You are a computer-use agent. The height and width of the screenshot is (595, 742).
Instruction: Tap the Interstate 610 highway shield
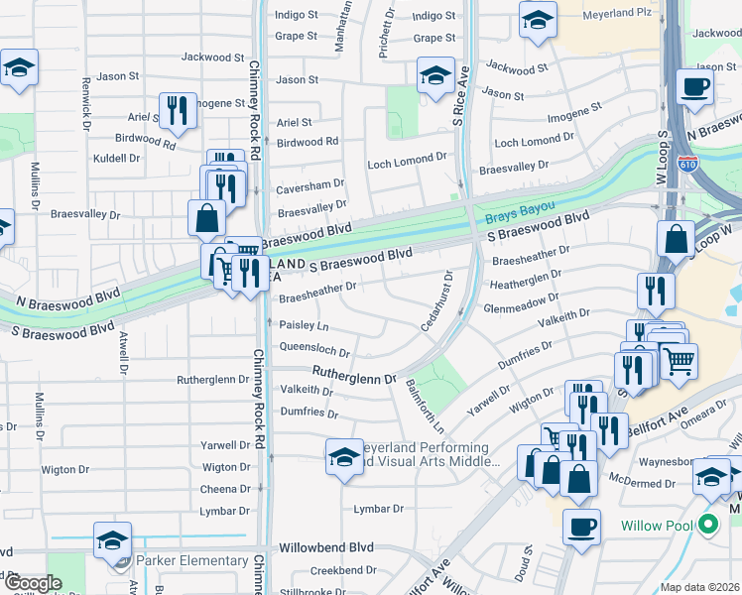[686, 163]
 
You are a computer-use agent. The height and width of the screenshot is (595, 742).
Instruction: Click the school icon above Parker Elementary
[112, 540]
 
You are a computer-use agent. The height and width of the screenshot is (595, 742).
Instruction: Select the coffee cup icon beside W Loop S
[695, 86]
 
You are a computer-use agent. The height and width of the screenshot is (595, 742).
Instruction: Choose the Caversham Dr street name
[310, 183]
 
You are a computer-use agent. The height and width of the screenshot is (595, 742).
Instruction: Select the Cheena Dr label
[225, 489]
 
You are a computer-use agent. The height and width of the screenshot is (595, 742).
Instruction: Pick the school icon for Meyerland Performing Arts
[344, 456]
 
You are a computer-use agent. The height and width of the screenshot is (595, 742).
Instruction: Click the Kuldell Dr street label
[116, 158]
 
